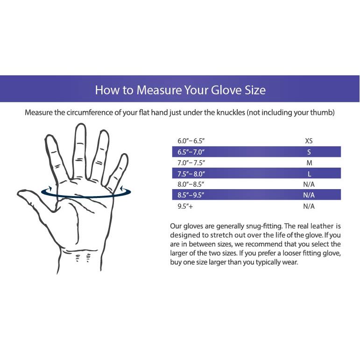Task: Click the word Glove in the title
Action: (226, 90)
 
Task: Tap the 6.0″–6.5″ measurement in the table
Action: (191, 141)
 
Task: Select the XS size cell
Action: (309, 141)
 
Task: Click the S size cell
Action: (309, 152)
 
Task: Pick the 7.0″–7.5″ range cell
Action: (191, 163)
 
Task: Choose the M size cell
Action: (309, 163)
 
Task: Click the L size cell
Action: (309, 174)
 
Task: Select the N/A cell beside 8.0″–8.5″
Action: (309, 184)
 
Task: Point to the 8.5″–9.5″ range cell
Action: (191, 195)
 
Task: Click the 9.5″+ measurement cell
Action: (185, 206)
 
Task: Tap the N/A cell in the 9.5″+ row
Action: (309, 206)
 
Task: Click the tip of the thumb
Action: (18, 194)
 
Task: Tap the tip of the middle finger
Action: (81, 124)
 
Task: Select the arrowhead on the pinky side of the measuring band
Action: (122, 189)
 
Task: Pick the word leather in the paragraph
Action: (322, 226)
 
